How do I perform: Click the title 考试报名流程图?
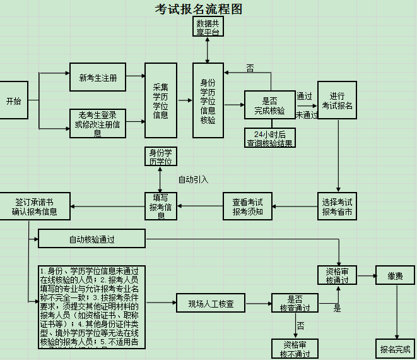tap(198, 9)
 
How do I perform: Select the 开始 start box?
tap(13, 100)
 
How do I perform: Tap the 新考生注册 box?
tap(98, 78)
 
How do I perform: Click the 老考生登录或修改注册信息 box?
tap(98, 123)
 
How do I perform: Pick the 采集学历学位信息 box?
tap(161, 100)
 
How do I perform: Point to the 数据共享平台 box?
tap(208, 28)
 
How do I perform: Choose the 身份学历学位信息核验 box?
tap(208, 100)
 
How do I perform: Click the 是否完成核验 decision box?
tap(269, 105)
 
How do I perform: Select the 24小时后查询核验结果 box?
tap(269, 138)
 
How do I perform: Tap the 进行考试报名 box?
tap(337, 100)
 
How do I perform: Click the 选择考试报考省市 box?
tap(337, 206)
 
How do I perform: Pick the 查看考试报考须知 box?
tap(247, 206)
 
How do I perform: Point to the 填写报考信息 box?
tap(161, 206)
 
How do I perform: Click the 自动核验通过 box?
tap(91, 239)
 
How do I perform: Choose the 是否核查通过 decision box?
tap(295, 304)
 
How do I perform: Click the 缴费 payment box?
tap(396, 275)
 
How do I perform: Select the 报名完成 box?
tap(396, 348)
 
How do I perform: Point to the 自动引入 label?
tap(193, 179)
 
